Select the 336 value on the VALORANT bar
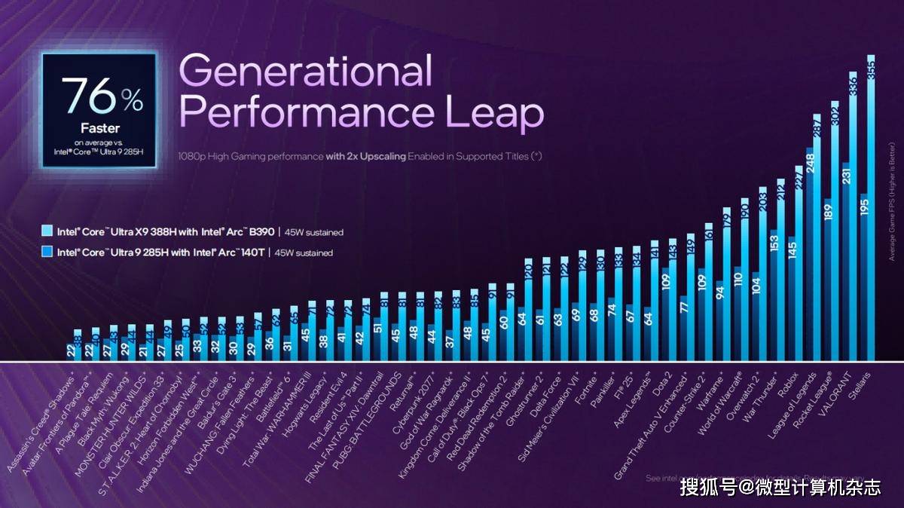pos(853,84)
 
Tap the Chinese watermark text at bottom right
pos(780,488)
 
